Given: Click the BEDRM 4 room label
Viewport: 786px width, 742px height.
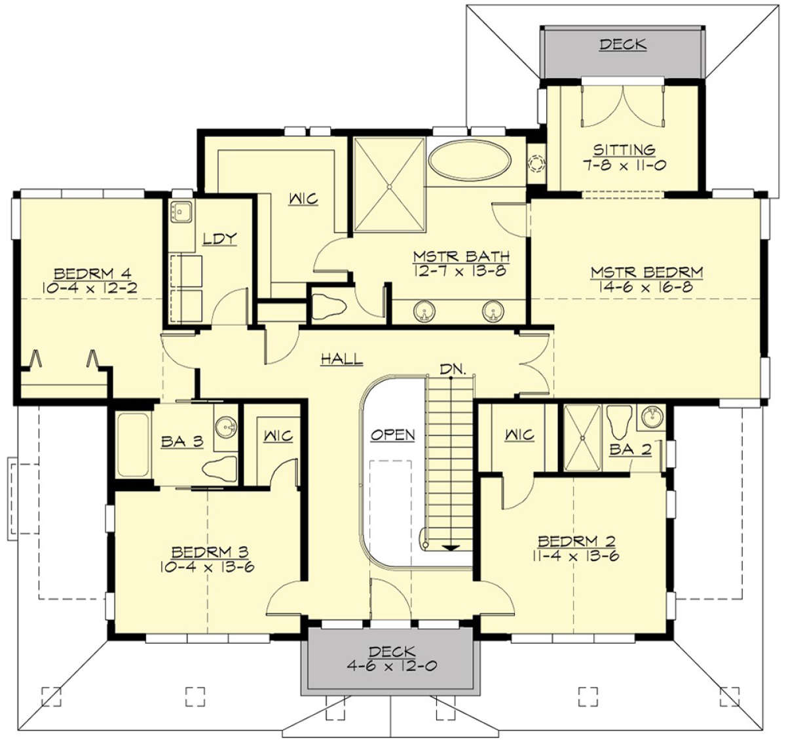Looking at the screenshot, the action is [x=92, y=274].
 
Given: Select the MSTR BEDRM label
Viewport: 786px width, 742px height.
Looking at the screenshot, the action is [x=647, y=273].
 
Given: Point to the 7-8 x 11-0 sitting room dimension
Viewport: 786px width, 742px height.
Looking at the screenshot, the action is [x=624, y=165].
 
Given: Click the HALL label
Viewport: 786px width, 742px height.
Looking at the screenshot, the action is [x=342, y=359].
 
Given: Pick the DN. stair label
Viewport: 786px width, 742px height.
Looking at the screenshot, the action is [x=453, y=369].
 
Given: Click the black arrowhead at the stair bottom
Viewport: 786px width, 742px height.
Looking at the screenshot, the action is [x=451, y=548].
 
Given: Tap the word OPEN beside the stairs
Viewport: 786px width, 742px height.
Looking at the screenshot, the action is [x=392, y=435].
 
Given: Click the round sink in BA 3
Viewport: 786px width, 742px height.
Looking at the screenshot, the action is [x=226, y=427].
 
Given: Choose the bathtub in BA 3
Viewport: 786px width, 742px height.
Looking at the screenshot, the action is [x=134, y=444].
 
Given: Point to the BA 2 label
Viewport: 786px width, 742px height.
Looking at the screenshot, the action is [x=631, y=449].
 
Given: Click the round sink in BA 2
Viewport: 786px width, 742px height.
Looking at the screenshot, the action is [x=652, y=417].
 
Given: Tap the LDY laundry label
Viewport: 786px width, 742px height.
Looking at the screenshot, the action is [x=219, y=239].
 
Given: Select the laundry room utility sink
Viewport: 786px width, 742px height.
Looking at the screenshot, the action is [x=181, y=211].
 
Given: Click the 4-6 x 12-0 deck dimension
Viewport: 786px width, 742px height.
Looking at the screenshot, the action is [x=392, y=665].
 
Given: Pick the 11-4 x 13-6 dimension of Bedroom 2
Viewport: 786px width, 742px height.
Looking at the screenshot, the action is [x=576, y=555].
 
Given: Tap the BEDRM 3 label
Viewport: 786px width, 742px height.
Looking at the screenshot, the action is [x=210, y=551].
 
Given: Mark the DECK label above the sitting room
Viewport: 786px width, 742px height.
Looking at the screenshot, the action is [x=623, y=44].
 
